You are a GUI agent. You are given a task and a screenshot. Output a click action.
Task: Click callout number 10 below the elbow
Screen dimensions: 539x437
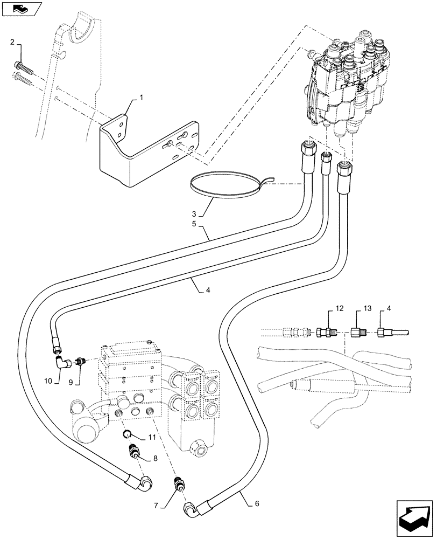click(48, 381)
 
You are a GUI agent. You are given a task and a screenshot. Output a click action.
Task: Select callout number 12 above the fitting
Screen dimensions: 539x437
click(339, 308)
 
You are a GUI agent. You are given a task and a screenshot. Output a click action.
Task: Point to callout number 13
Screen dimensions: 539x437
click(367, 308)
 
